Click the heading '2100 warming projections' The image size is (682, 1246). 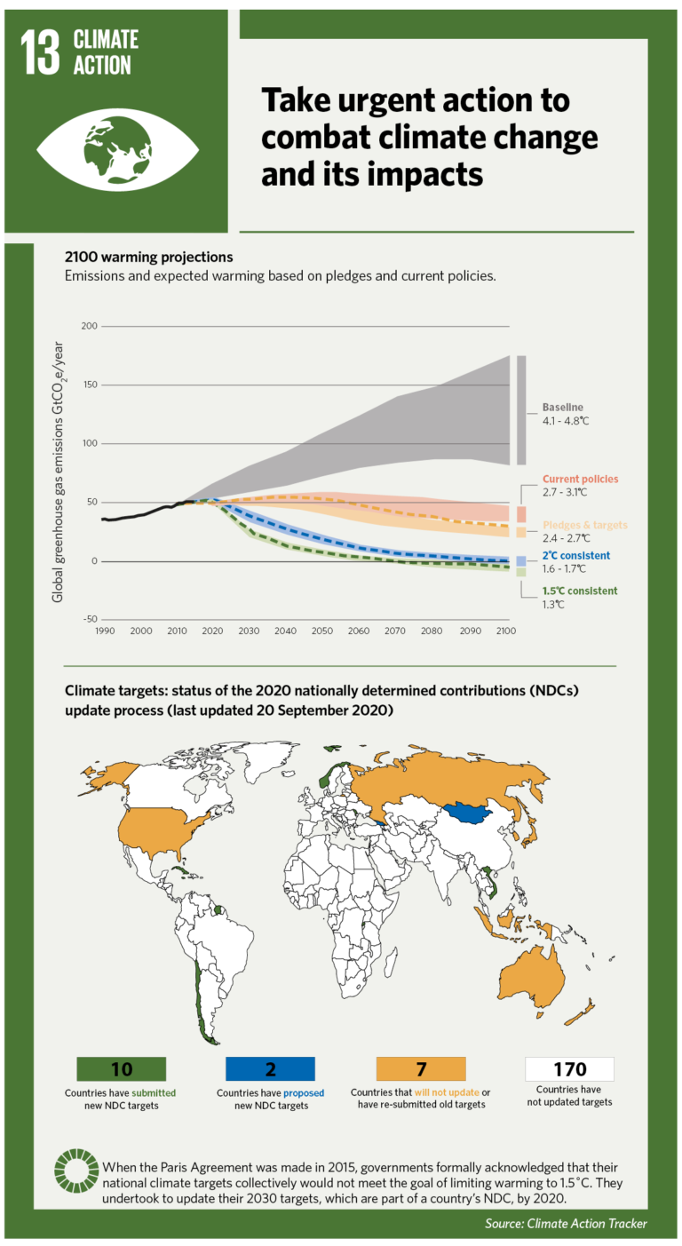click(148, 257)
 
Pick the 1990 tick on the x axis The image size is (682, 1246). click(103, 631)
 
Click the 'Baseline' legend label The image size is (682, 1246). click(564, 407)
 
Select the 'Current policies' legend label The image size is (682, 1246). click(580, 479)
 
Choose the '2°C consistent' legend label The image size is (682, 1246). click(576, 555)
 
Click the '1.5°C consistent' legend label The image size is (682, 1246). click(580, 591)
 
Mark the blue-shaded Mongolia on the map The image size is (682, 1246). click(471, 812)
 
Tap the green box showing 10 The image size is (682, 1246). click(121, 1068)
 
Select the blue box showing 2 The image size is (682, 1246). click(270, 1068)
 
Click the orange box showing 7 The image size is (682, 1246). click(421, 1068)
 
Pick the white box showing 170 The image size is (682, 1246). click(569, 1068)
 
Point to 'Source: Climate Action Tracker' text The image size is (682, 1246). click(566, 1223)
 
